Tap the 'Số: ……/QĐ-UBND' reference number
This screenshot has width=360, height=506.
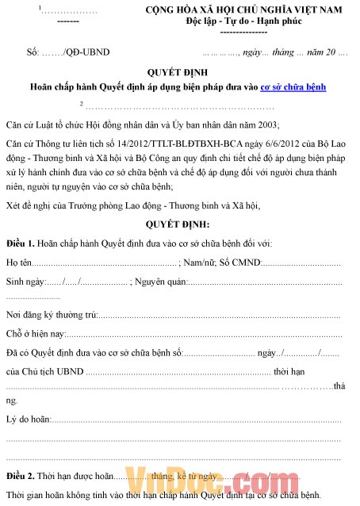(68, 52)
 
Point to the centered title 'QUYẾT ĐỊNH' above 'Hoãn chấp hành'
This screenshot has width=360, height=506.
(178, 71)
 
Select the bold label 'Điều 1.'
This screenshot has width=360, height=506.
(21, 242)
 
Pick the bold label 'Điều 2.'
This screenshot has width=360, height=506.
(21, 476)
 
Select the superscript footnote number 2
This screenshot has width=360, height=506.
(81, 103)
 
